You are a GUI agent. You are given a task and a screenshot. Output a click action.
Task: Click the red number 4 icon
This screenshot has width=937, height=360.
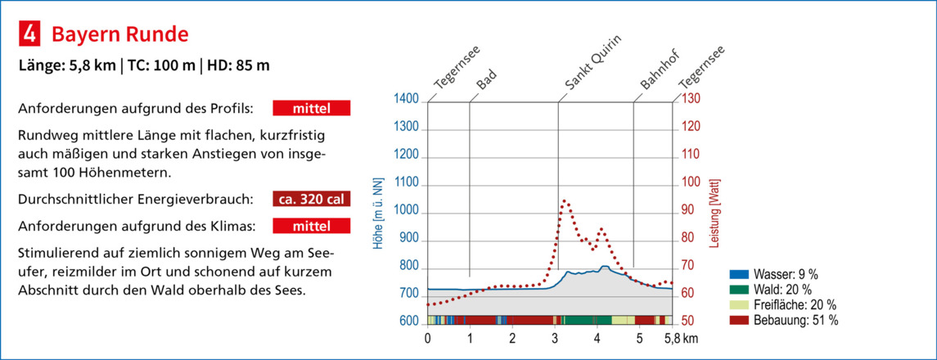click(x=29, y=34)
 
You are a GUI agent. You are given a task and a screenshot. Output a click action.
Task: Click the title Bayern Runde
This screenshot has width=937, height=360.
click(x=120, y=34)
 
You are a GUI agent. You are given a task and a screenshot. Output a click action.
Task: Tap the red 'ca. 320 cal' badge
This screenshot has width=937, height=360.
click(x=311, y=199)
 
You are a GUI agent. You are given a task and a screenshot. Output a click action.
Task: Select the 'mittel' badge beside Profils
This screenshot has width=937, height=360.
click(x=311, y=109)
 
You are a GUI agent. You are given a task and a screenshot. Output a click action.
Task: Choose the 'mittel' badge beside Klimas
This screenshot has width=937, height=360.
click(x=311, y=225)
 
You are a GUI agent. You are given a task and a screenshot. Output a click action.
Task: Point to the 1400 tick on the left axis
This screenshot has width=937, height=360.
click(x=407, y=99)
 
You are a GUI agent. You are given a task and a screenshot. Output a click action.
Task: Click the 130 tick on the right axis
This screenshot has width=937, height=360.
click(x=691, y=99)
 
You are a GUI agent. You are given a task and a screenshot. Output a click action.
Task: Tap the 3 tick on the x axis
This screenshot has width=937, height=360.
click(x=555, y=337)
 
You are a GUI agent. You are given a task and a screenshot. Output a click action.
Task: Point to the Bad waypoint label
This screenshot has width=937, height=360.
click(x=486, y=81)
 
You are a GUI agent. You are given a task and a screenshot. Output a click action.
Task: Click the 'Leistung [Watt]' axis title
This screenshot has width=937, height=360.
click(x=718, y=210)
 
